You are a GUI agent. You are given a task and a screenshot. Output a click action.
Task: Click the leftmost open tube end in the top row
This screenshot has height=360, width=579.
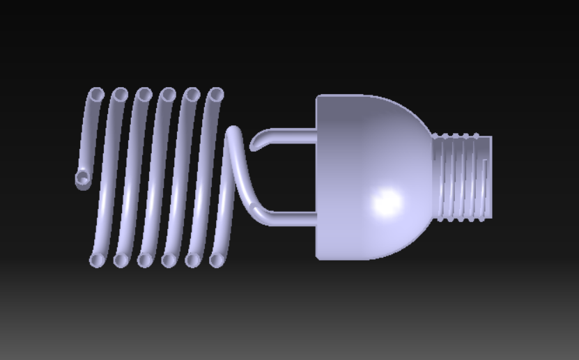(x=97, y=93)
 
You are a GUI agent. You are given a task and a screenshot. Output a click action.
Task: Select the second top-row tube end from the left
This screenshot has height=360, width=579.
(x=121, y=93)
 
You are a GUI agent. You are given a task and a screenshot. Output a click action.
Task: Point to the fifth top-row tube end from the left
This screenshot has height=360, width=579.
(x=192, y=93)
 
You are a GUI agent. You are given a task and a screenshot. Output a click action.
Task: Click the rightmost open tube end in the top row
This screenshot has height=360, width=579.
(x=217, y=93)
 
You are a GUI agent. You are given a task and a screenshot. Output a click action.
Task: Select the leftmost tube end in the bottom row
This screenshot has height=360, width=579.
(x=97, y=260)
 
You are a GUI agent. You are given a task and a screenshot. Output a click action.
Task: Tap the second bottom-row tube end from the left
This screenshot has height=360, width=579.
(x=121, y=260)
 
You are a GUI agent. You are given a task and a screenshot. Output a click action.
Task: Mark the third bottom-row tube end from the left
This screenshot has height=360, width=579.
(x=145, y=260)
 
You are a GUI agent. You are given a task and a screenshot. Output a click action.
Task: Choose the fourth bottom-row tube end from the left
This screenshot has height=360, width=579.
(x=169, y=260)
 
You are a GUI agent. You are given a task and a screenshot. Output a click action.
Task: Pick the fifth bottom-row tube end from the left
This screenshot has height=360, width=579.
(x=192, y=260)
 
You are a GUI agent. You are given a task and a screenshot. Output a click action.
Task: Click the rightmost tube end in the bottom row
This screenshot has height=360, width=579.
(x=217, y=260)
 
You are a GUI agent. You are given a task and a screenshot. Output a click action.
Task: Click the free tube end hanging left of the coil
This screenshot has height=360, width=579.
(x=83, y=180)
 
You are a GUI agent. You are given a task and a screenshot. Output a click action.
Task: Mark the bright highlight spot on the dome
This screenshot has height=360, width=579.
(x=386, y=201)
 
